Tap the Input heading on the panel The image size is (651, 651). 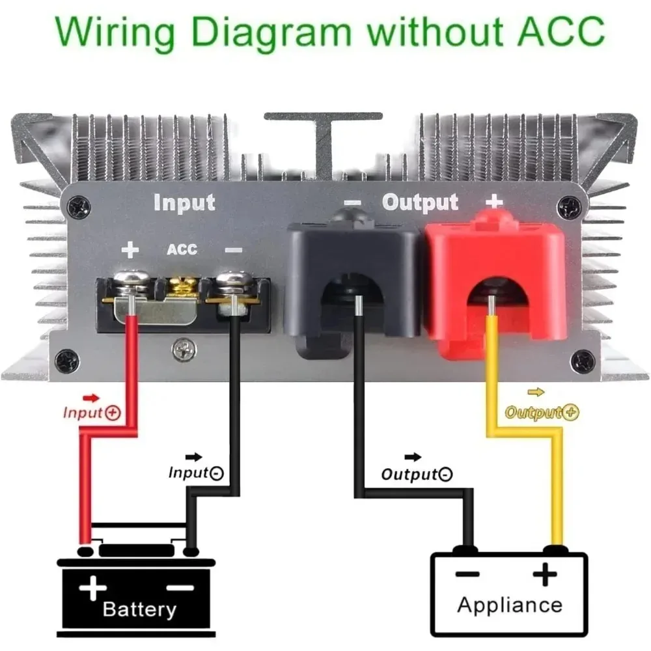(x=184, y=202)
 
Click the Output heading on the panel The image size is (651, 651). (x=420, y=202)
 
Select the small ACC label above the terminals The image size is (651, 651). (x=182, y=250)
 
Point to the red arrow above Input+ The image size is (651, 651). (x=91, y=397)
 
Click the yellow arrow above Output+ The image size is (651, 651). (x=536, y=392)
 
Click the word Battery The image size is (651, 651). (x=139, y=609)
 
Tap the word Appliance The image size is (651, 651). (x=509, y=604)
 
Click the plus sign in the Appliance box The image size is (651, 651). (x=545, y=575)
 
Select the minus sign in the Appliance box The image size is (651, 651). (x=467, y=574)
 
